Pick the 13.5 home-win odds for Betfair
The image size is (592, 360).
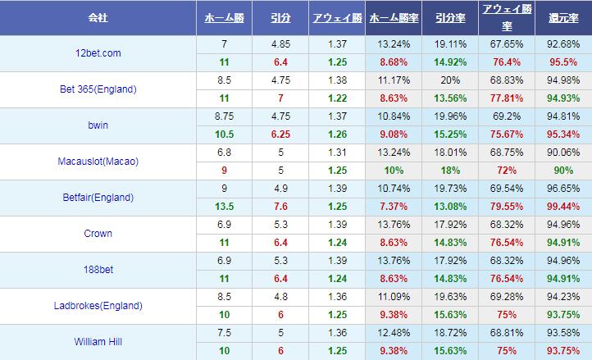[x=224, y=206]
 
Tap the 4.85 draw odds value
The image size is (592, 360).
[x=280, y=44]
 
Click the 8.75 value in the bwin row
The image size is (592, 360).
[x=224, y=116]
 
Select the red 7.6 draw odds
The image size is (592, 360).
[x=280, y=206]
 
